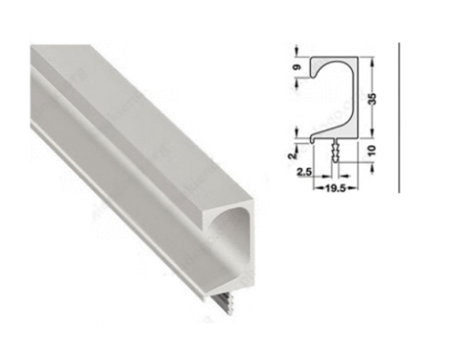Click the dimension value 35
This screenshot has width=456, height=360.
pyautogui.click(x=373, y=99)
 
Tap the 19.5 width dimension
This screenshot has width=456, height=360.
pyautogui.click(x=335, y=188)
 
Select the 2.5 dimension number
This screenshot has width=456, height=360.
pyautogui.click(x=305, y=172)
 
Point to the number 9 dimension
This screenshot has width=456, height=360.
pyautogui.click(x=297, y=67)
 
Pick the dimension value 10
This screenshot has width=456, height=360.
pyautogui.click(x=373, y=150)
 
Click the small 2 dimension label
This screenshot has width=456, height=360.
pyautogui.click(x=293, y=154)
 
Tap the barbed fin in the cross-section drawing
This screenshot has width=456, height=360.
pyautogui.click(x=334, y=150)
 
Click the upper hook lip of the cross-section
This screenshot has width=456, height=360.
pyautogui.click(x=314, y=75)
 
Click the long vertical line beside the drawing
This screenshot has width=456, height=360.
pyautogui.click(x=399, y=118)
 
